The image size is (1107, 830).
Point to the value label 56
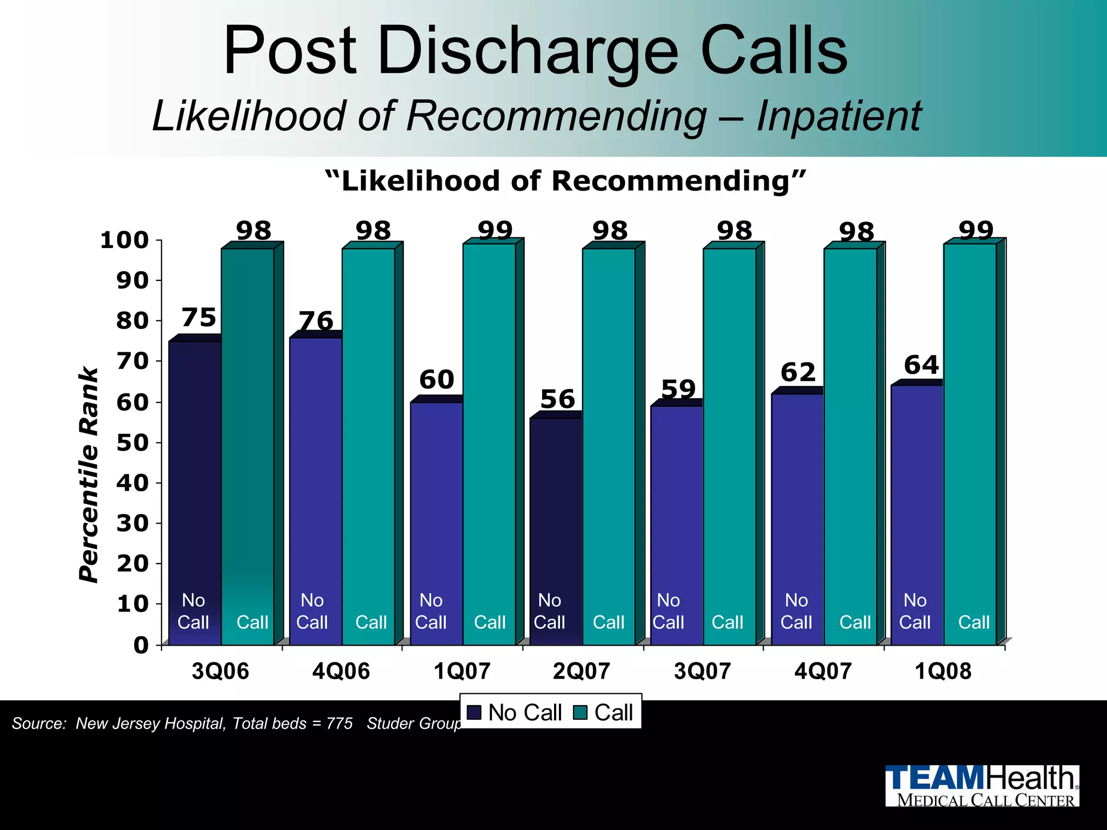pos(557,399)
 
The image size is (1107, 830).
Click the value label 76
pos(316,321)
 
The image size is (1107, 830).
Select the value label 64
pos(921,365)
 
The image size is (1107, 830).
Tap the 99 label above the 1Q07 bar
pos(495,231)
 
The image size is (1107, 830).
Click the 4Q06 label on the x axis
pos(341,671)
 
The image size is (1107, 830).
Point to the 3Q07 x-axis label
pos(702,671)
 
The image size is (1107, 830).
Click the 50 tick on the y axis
pos(132,443)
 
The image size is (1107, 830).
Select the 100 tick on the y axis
pos(124,240)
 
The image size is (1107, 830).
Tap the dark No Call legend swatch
pos(474,712)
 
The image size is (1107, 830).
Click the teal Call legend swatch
pos(581,712)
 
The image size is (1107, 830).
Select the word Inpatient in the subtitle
pos(838,116)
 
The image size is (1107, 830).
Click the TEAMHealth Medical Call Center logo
pos(982,785)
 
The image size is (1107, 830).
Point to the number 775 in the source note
pos(339,723)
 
